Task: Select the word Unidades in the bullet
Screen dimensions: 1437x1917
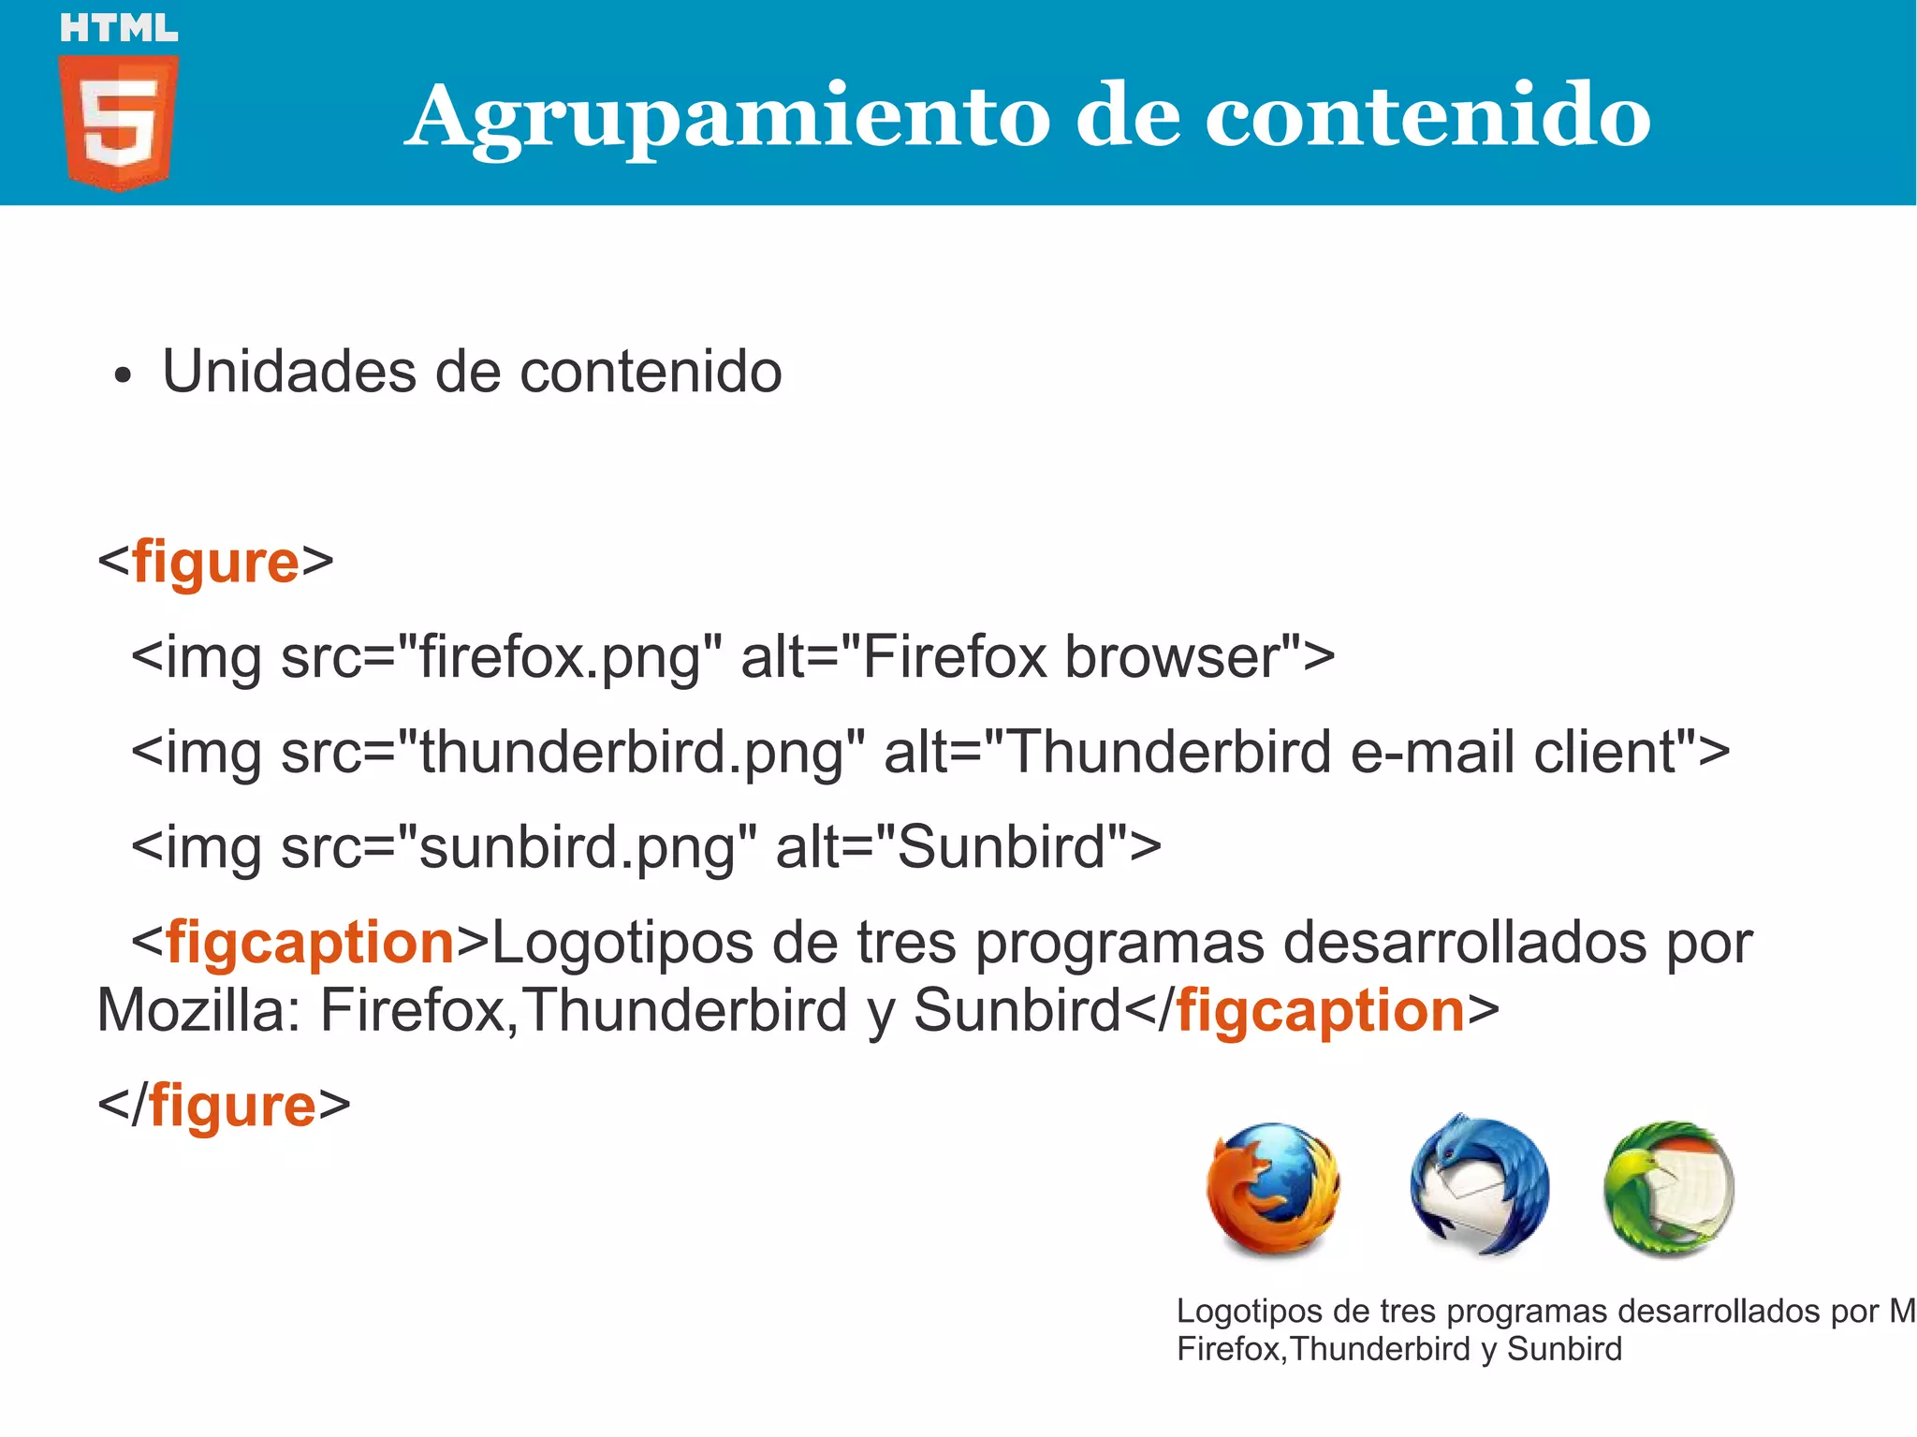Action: coord(288,372)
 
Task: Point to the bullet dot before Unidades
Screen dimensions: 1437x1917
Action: coord(122,377)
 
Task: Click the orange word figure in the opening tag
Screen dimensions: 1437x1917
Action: coord(215,562)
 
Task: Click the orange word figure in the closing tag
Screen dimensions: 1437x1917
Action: coord(232,1106)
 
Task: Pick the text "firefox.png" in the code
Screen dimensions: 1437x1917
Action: coord(560,657)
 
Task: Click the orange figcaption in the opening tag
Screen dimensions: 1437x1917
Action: coord(310,943)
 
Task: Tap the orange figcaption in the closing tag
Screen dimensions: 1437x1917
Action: coord(1320,1011)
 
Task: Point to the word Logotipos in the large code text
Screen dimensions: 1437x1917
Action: coord(622,943)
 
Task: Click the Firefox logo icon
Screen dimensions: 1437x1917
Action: coord(1273,1190)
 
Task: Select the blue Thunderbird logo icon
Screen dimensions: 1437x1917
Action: coord(1479,1186)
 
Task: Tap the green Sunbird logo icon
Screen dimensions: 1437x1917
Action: coord(1669,1189)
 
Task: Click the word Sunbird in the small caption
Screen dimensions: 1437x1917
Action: coord(1564,1349)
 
